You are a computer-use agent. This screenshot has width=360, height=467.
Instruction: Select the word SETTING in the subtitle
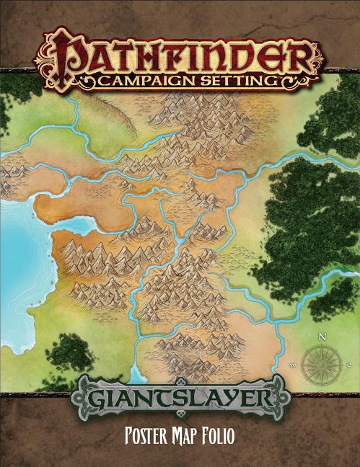[239, 80]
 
